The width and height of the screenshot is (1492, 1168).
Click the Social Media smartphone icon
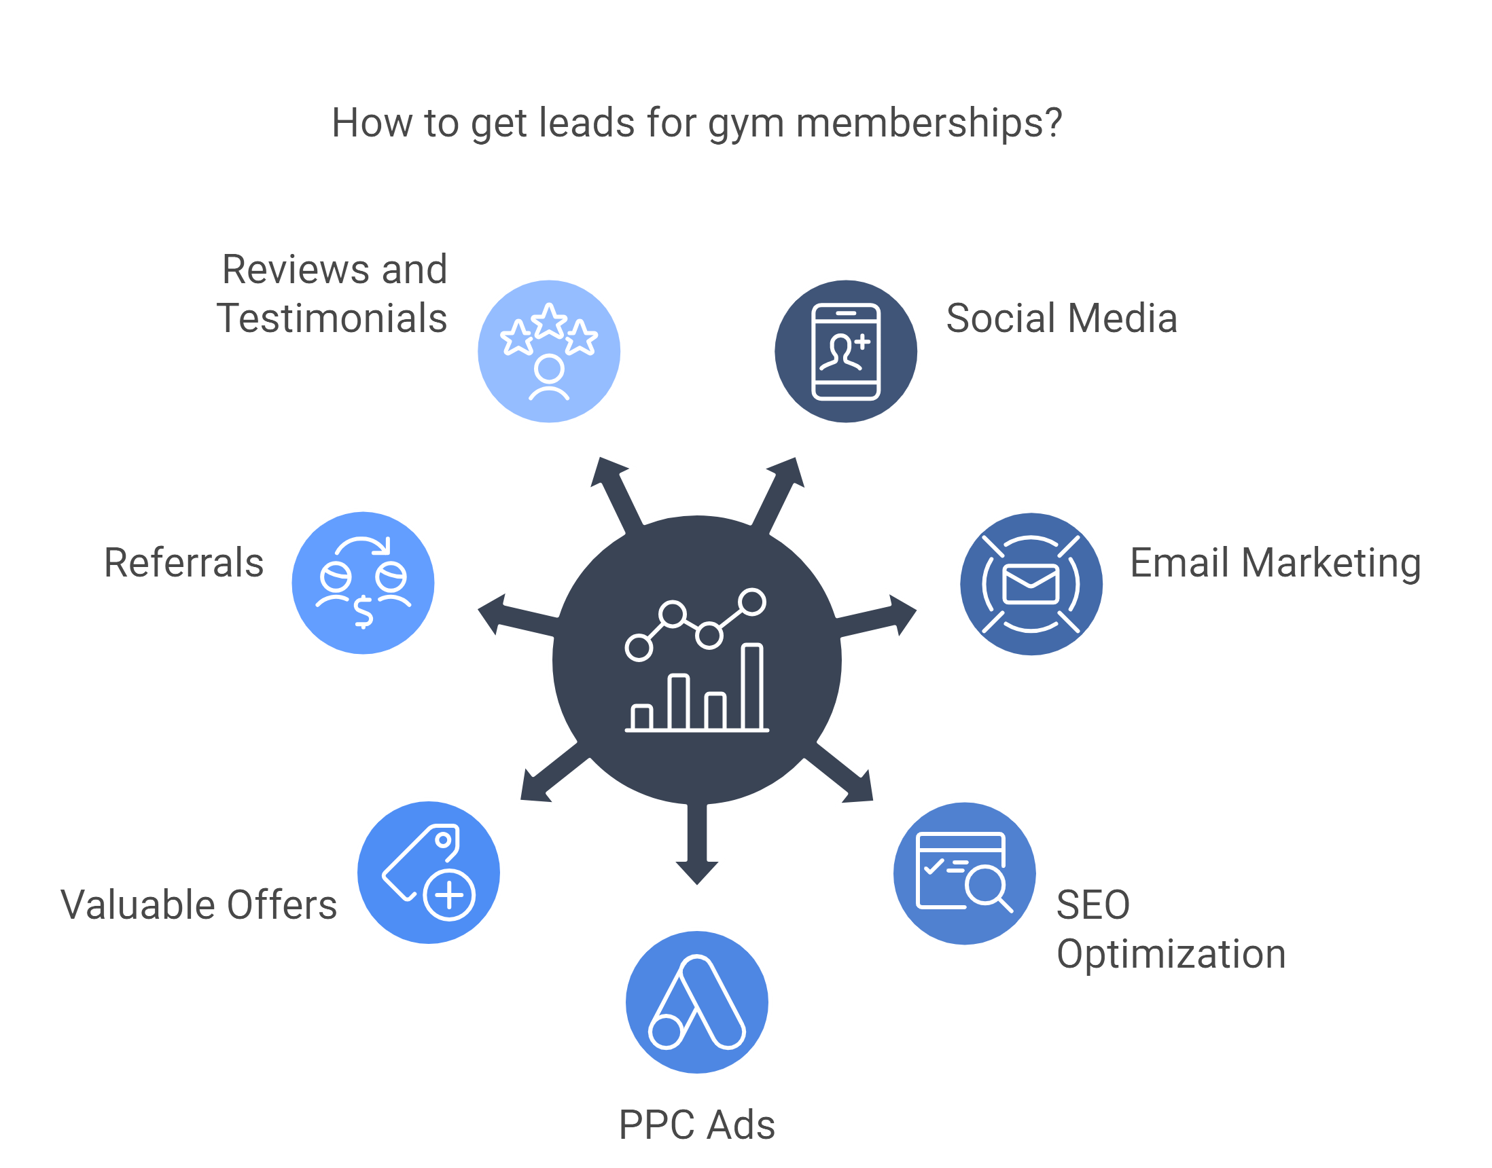tap(846, 352)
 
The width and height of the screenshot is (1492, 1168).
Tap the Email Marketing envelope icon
tap(1031, 584)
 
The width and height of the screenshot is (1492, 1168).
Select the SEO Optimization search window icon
tap(965, 873)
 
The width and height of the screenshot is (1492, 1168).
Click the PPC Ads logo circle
tap(696, 1002)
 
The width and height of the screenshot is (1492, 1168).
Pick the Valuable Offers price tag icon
tap(429, 873)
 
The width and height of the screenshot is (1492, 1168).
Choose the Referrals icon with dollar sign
tap(363, 583)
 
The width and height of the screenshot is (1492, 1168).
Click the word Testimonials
tap(332, 318)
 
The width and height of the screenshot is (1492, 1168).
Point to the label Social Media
tap(1061, 318)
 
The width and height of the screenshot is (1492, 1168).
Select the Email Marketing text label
tap(1275, 563)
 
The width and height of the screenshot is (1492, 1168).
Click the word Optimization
tap(1171, 954)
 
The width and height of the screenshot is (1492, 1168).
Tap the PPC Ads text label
tap(696, 1125)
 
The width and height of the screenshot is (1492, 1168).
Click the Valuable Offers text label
tap(199, 905)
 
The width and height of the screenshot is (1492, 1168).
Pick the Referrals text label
tap(183, 563)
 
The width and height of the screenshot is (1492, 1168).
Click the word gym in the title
tap(745, 124)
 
